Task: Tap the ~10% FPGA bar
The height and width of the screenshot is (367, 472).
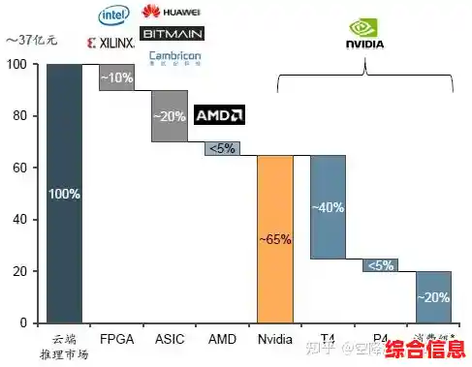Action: [116, 77]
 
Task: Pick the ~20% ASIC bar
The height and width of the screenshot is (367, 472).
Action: [169, 115]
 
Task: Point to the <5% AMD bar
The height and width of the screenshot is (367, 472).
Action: [221, 148]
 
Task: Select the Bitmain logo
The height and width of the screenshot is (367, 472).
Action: [172, 34]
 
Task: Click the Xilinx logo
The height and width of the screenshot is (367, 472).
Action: [110, 44]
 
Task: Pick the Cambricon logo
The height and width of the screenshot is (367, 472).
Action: [174, 57]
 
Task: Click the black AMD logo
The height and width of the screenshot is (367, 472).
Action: [219, 115]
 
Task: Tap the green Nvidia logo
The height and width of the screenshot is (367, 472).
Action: [364, 34]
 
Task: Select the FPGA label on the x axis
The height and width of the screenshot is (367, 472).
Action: [116, 340]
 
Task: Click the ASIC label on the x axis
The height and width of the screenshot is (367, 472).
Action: [169, 340]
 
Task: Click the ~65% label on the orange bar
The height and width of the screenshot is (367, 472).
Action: [274, 239]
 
